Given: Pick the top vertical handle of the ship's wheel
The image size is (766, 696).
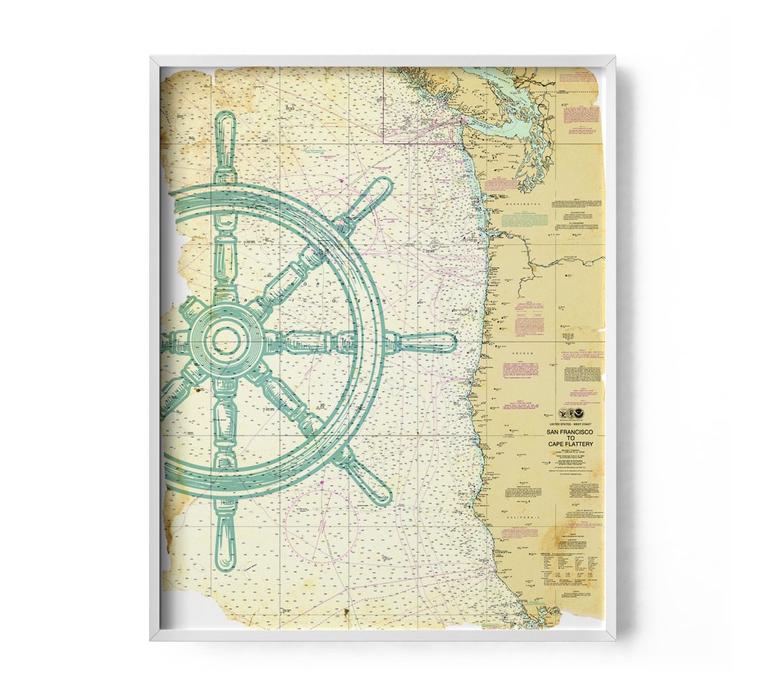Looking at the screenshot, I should pyautogui.click(x=225, y=139).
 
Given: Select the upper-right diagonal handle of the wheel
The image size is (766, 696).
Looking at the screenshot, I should pyautogui.click(x=369, y=198).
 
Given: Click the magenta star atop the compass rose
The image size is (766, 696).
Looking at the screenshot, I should pyautogui.click(x=322, y=482).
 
